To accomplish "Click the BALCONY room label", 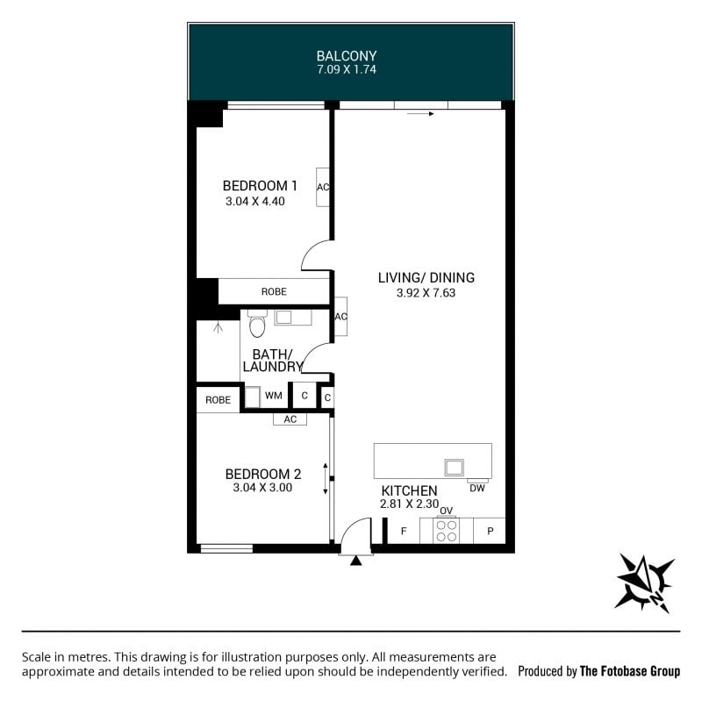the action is click(347, 56).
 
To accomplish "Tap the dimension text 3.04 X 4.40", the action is click(255, 201).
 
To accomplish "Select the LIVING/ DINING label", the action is click(426, 277).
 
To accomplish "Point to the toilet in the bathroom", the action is click(257, 323).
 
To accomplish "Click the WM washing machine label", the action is click(274, 396).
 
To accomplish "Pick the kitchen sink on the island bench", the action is click(454, 467).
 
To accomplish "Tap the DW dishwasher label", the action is click(477, 488).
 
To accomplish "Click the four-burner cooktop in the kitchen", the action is click(447, 531).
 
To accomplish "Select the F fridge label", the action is click(404, 531).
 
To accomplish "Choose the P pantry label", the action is click(491, 531).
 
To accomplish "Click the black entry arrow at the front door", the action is click(355, 561).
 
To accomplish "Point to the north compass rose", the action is click(644, 583).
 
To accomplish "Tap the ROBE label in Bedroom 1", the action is click(274, 291).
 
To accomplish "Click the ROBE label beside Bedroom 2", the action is click(218, 400).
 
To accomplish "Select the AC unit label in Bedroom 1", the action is click(323, 187).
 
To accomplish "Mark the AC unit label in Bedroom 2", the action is click(290, 419).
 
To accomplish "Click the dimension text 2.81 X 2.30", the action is click(409, 504).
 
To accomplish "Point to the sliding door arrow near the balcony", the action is click(420, 114).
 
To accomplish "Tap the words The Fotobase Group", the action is click(630, 671).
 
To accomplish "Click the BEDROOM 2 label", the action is click(262, 474).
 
